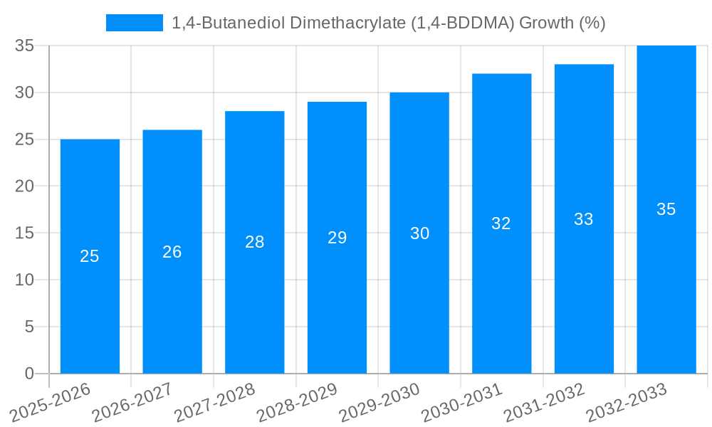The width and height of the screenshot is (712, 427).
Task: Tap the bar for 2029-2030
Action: pos(419,299)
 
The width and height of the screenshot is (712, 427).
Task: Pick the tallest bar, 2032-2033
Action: pos(666,285)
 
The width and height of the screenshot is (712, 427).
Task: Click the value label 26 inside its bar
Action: pos(172,252)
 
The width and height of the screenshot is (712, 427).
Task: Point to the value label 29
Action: pos(337,238)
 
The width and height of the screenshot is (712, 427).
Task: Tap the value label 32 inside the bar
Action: pos(501,223)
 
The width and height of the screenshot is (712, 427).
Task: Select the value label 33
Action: pos(584,219)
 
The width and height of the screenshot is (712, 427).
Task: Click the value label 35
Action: pos(666,209)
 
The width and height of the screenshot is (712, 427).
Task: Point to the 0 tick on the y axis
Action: pos(29,374)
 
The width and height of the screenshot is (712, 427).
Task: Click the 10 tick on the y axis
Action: pos(25,280)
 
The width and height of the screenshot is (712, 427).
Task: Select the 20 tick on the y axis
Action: pos(25,186)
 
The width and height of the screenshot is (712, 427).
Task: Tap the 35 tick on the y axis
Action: pos(25,46)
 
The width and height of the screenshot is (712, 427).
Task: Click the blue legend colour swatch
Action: pos(135,23)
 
